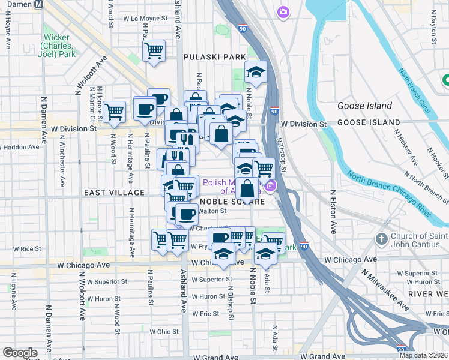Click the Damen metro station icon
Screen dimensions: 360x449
[x=39, y=4]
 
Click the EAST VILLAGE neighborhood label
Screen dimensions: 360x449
[x=114, y=192]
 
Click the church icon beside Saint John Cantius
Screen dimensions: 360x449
[x=381, y=239]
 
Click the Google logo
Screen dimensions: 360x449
[x=20, y=353]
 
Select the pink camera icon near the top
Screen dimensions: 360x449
[x=283, y=11]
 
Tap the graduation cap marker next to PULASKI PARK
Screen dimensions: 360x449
[x=256, y=73]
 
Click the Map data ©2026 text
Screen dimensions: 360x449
[x=423, y=355]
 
